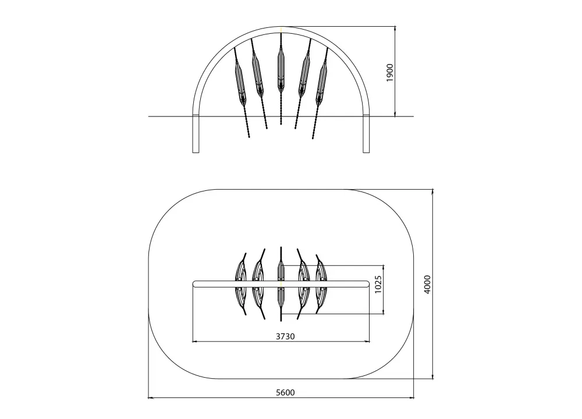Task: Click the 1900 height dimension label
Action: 389,73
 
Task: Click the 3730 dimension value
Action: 285,336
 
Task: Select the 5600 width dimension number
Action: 285,392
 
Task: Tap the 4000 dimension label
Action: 427,285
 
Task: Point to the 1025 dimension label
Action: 378,285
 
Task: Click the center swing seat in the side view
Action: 281,70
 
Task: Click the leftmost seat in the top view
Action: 241,284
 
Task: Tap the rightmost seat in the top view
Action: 321,284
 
